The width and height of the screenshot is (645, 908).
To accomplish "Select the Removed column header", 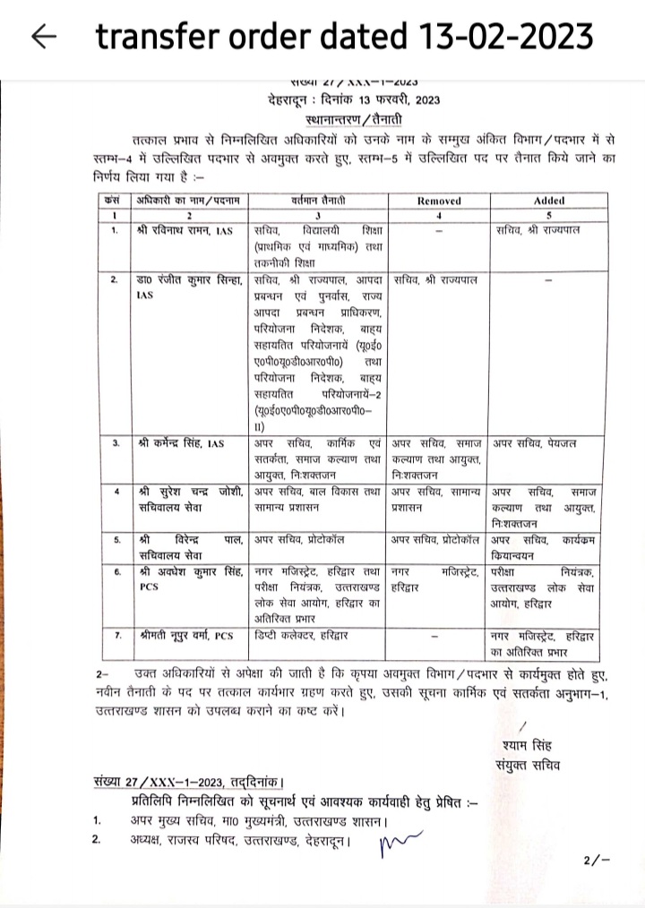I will click(x=439, y=201).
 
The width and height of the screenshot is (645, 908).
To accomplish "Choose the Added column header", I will click(x=548, y=201).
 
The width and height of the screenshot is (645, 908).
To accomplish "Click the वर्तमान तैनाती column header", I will click(x=318, y=201).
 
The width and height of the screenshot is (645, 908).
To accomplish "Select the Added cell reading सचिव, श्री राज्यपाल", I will click(x=538, y=231).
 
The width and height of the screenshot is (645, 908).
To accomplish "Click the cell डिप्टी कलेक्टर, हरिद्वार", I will click(x=301, y=636).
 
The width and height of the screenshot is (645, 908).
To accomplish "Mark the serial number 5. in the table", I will click(x=116, y=541).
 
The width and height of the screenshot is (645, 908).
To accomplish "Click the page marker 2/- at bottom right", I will click(x=596, y=861).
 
